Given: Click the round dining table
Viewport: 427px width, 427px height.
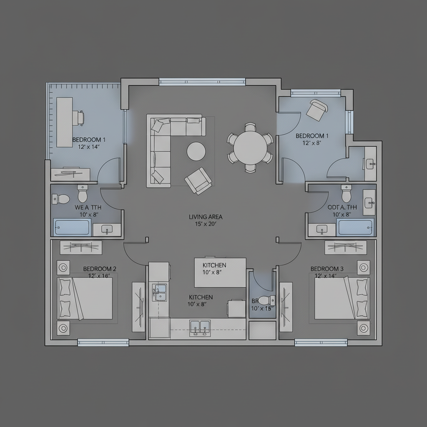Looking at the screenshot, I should point(250,147).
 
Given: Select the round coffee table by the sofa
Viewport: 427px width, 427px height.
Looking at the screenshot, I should point(196,151).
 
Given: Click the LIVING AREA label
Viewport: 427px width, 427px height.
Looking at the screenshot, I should point(206,217).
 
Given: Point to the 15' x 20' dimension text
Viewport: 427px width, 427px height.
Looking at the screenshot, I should point(206,224).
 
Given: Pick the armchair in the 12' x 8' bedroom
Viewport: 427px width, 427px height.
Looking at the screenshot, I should point(316,110).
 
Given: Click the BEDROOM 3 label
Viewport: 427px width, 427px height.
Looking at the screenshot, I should point(327,269).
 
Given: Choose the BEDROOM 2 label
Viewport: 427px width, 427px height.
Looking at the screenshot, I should point(100,269).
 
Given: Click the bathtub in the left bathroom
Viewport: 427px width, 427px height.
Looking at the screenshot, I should point(72,227).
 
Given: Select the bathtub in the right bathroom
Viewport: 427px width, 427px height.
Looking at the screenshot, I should point(355,227).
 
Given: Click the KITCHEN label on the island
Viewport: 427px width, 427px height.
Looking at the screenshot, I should point(214,265).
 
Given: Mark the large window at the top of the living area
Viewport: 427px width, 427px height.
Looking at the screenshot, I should point(202,82).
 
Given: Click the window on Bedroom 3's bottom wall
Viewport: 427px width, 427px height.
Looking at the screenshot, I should point(321,342).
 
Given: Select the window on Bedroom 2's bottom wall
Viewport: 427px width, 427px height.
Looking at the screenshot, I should point(103,342).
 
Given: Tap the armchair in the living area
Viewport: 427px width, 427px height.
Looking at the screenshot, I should point(198,180).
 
